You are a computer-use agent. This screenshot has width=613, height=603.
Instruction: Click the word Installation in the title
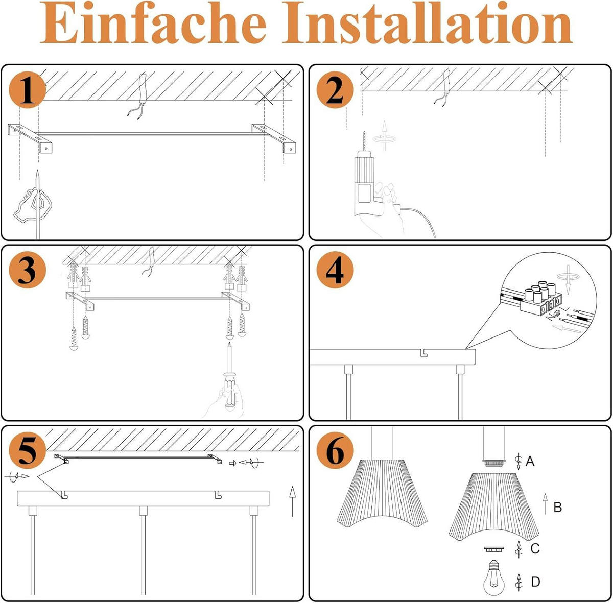(x=428, y=24)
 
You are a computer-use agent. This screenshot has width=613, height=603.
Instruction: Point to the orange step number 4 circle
(x=335, y=271)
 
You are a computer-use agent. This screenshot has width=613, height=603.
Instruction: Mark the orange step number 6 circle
(x=335, y=450)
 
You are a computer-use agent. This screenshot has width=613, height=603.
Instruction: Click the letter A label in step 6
(x=530, y=462)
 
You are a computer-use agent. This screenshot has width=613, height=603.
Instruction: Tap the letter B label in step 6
(x=557, y=507)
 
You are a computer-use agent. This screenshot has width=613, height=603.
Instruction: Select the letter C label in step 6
(x=535, y=548)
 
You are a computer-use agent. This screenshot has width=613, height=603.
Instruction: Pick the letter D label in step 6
(x=535, y=582)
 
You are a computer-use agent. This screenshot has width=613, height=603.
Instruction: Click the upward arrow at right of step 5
(x=292, y=501)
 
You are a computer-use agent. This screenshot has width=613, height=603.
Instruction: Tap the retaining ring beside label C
(x=494, y=549)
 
